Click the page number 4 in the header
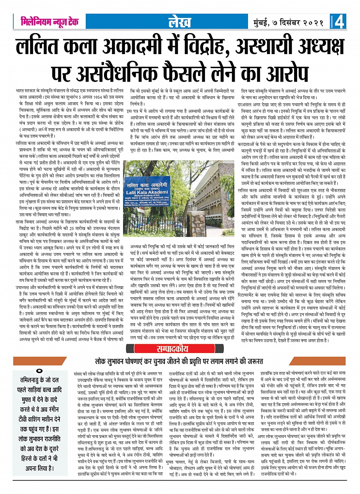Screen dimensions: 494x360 click(340, 22)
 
